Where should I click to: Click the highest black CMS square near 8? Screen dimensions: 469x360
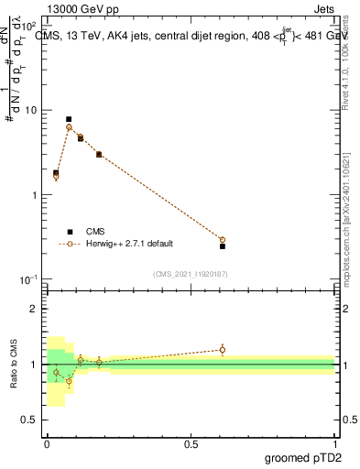[x=69, y=119]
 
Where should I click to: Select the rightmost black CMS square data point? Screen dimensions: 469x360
[x=223, y=245]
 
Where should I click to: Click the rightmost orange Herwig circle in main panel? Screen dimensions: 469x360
[x=223, y=240]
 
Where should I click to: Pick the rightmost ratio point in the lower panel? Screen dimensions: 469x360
[x=223, y=349]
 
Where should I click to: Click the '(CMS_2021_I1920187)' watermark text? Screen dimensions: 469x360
[x=190, y=273]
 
